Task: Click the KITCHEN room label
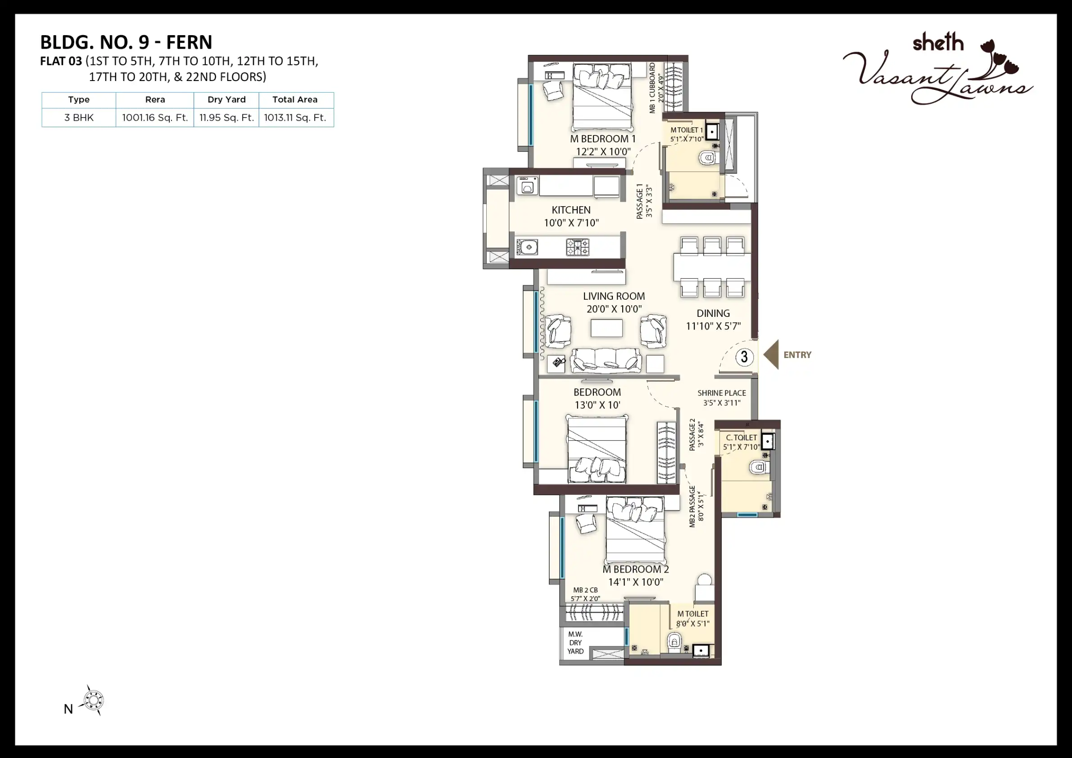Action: (x=571, y=210)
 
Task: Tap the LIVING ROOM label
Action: (x=614, y=296)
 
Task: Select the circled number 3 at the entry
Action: (x=744, y=357)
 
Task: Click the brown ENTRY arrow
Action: (x=771, y=355)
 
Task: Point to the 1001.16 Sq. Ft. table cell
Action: (x=155, y=117)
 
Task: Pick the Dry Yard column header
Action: (x=226, y=99)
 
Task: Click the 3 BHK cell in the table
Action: (x=79, y=117)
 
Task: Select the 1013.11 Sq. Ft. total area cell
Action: (x=295, y=117)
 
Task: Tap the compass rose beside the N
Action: (x=93, y=700)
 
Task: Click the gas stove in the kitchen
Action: (x=578, y=247)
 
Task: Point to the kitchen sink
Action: (x=527, y=247)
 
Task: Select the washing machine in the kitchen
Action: (x=528, y=186)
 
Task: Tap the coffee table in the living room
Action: (x=606, y=328)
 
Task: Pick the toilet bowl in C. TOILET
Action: (x=757, y=467)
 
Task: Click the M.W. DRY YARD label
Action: (x=575, y=643)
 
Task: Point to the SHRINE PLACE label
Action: (x=721, y=393)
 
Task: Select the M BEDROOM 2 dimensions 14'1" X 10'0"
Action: (x=635, y=582)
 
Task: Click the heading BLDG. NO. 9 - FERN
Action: (x=126, y=42)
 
